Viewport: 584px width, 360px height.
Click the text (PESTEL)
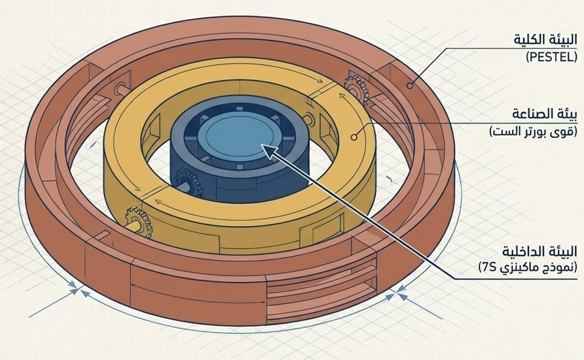(x=552, y=57)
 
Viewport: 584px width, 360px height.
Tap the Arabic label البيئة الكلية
(x=545, y=39)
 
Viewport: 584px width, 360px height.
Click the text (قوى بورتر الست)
(x=534, y=132)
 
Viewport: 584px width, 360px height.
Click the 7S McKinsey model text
(x=528, y=267)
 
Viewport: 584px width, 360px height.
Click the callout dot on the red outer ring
(x=410, y=86)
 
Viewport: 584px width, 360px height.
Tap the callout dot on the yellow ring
(x=354, y=137)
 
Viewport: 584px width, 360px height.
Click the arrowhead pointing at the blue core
(x=269, y=150)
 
